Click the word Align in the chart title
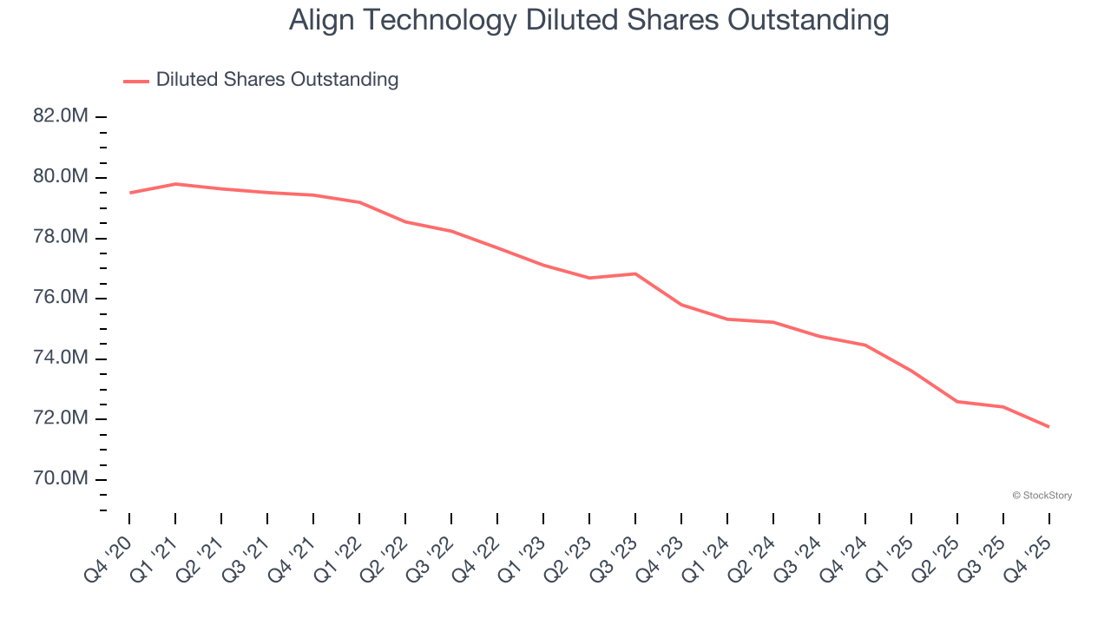click(319, 21)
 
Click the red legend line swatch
click(136, 81)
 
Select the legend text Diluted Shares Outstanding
click(277, 80)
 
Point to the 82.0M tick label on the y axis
click(61, 116)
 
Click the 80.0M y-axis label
click(61, 177)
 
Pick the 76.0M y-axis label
click(61, 298)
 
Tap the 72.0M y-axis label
click(61, 418)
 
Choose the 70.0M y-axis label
click(61, 479)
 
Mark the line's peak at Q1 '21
click(175, 184)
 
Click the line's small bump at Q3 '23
click(635, 273)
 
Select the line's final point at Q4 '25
click(1049, 426)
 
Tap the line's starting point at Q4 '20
click(130, 193)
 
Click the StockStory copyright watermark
click(1042, 496)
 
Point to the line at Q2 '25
click(957, 401)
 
